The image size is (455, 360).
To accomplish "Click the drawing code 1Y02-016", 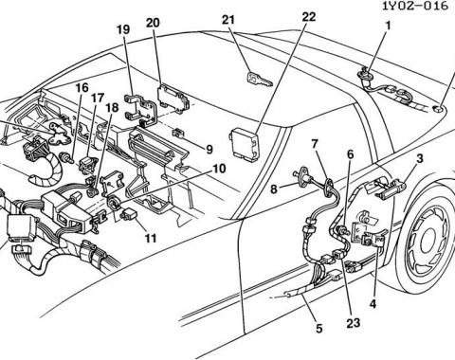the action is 415,6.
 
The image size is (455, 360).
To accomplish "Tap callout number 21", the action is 228,20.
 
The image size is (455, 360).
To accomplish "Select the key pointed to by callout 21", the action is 259,79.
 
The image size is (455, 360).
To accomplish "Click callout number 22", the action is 308,17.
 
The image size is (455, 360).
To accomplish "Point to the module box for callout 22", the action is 243,144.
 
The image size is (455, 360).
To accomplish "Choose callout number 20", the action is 153,23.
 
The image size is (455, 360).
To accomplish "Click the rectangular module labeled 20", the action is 173,98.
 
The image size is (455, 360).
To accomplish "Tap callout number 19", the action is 123,29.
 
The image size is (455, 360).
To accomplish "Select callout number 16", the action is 82,88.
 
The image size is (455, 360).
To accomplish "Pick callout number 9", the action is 209,150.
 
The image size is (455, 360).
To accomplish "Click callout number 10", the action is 219,169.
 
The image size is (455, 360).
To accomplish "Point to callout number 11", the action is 151,238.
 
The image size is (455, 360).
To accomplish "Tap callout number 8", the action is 274,189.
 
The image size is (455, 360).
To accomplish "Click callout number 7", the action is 314,144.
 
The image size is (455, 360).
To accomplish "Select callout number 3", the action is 419,159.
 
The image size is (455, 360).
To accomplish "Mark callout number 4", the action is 373,304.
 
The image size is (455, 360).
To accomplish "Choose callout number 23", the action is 353,323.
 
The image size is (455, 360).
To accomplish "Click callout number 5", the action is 319,329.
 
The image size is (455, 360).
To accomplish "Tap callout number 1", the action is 388,26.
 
